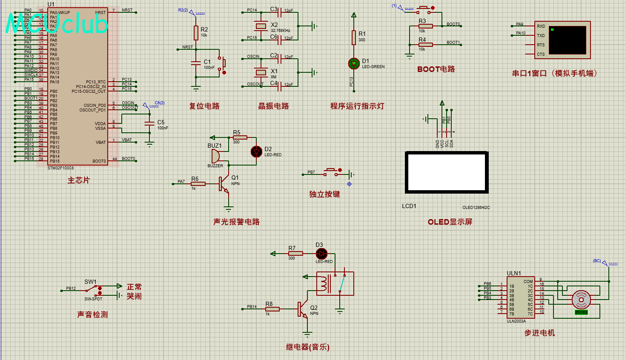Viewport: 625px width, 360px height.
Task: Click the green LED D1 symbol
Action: (x=354, y=63)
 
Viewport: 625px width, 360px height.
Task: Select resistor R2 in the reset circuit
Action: (x=196, y=32)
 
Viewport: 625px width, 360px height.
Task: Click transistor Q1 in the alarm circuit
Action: (x=224, y=184)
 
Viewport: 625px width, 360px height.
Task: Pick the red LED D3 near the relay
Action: (x=321, y=254)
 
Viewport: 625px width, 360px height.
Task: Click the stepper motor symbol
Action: (x=581, y=300)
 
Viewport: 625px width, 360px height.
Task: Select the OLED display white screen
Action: (x=447, y=172)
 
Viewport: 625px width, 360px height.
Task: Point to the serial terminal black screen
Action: (x=567, y=40)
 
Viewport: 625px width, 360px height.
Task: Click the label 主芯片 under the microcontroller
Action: (x=79, y=180)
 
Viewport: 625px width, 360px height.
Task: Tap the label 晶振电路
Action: (x=273, y=106)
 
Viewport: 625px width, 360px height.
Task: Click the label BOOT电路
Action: (x=436, y=69)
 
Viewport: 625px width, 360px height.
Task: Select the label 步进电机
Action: (x=539, y=333)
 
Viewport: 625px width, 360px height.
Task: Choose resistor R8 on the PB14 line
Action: (x=272, y=309)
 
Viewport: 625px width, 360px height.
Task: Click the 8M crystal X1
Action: (x=261, y=72)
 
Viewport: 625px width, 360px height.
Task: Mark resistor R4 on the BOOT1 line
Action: (x=426, y=45)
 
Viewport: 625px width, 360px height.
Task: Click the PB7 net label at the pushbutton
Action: (x=311, y=172)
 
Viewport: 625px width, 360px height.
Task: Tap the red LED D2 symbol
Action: (x=256, y=151)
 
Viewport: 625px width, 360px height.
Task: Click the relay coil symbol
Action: (x=324, y=283)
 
